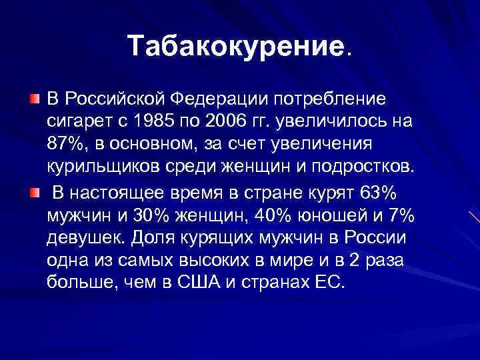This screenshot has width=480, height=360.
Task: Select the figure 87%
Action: coord(65,145)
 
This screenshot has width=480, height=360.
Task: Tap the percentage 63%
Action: coord(377,194)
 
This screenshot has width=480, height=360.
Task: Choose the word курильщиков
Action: coord(97,167)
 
